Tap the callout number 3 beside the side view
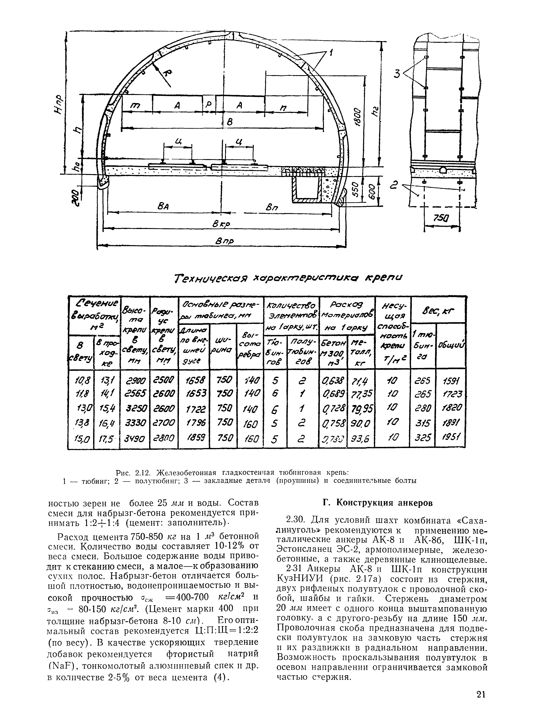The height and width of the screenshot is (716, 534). (397, 74)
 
